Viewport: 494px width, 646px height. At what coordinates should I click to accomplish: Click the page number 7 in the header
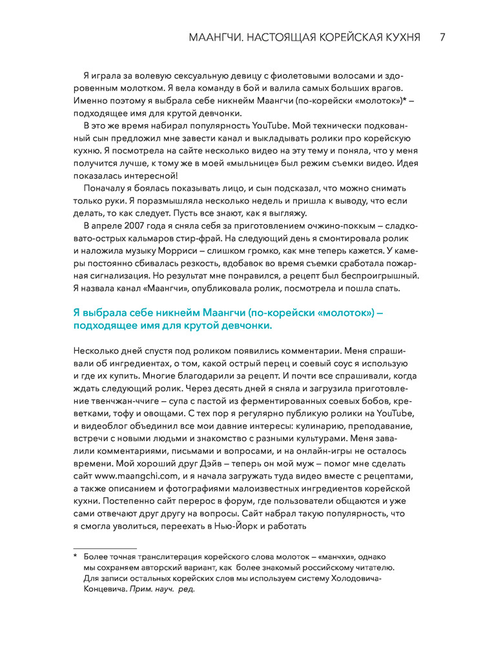(442, 37)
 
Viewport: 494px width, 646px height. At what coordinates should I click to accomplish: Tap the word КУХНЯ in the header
(397, 37)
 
